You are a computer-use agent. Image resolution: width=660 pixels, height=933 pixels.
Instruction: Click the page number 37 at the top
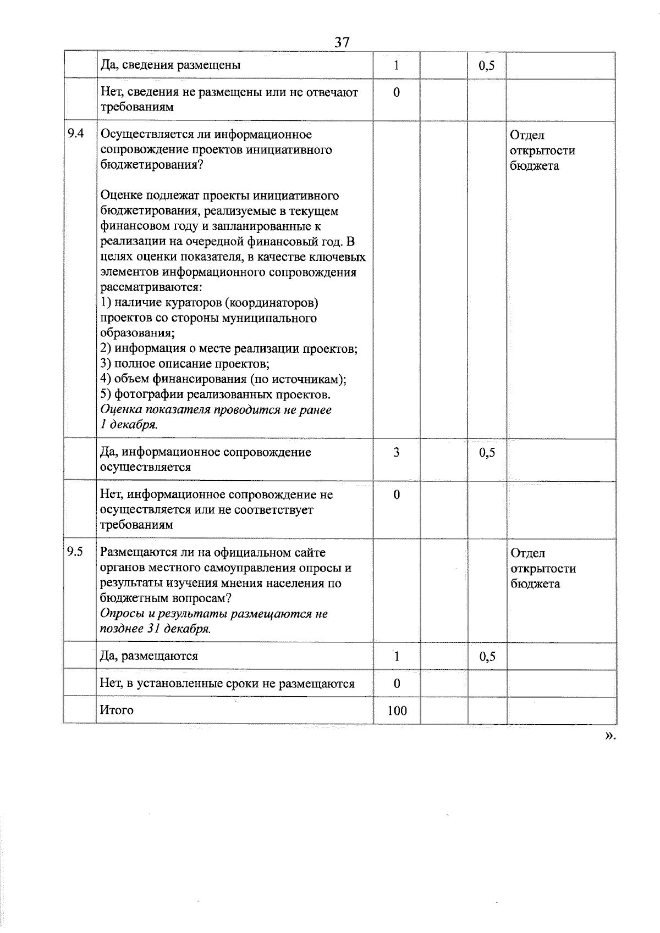pos(342,42)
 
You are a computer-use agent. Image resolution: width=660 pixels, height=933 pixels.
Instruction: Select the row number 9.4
pos(75,134)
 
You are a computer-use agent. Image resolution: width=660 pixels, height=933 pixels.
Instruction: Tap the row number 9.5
pos(75,552)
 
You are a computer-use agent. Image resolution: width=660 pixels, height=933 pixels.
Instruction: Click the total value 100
pos(397,710)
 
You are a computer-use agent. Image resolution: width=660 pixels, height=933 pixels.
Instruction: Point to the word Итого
pos(117,709)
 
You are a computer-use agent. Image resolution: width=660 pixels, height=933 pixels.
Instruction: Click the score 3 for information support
pos(397,452)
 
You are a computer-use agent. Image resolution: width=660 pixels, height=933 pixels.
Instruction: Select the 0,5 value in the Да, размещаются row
pos(487,656)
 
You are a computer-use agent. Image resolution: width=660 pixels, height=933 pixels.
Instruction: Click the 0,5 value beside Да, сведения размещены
pos(487,66)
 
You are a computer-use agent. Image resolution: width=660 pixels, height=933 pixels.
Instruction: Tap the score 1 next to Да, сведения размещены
pos(397,65)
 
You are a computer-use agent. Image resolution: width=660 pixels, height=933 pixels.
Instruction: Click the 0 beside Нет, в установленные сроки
pos(397,684)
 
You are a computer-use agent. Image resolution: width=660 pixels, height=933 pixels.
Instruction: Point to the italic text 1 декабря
pos(129,425)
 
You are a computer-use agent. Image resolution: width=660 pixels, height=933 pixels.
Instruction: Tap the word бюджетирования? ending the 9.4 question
pos(152,165)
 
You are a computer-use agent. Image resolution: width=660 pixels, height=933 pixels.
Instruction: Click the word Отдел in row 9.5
pos(527,553)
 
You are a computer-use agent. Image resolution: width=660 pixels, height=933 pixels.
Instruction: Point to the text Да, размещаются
pos(149,656)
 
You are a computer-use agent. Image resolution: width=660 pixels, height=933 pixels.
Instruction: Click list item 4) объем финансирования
pos(223,379)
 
